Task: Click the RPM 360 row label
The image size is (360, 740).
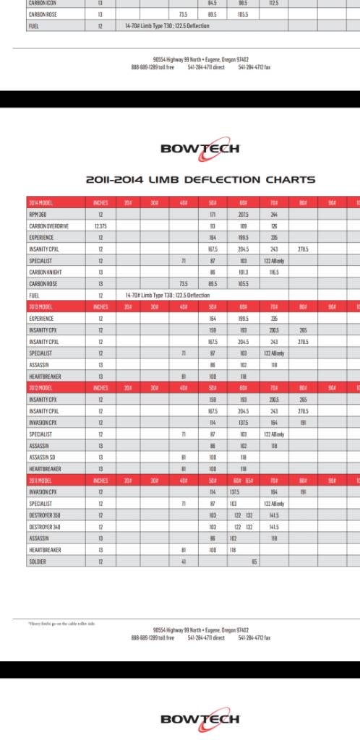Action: [38, 215]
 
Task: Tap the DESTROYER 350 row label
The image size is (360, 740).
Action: [44, 515]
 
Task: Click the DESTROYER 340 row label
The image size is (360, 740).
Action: [44, 527]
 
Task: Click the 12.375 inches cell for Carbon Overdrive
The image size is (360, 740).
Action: [100, 226]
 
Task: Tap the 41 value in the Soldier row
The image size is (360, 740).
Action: [184, 561]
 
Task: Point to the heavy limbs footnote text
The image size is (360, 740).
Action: [59, 623]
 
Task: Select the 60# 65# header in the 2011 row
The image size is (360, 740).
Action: [239, 479]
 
